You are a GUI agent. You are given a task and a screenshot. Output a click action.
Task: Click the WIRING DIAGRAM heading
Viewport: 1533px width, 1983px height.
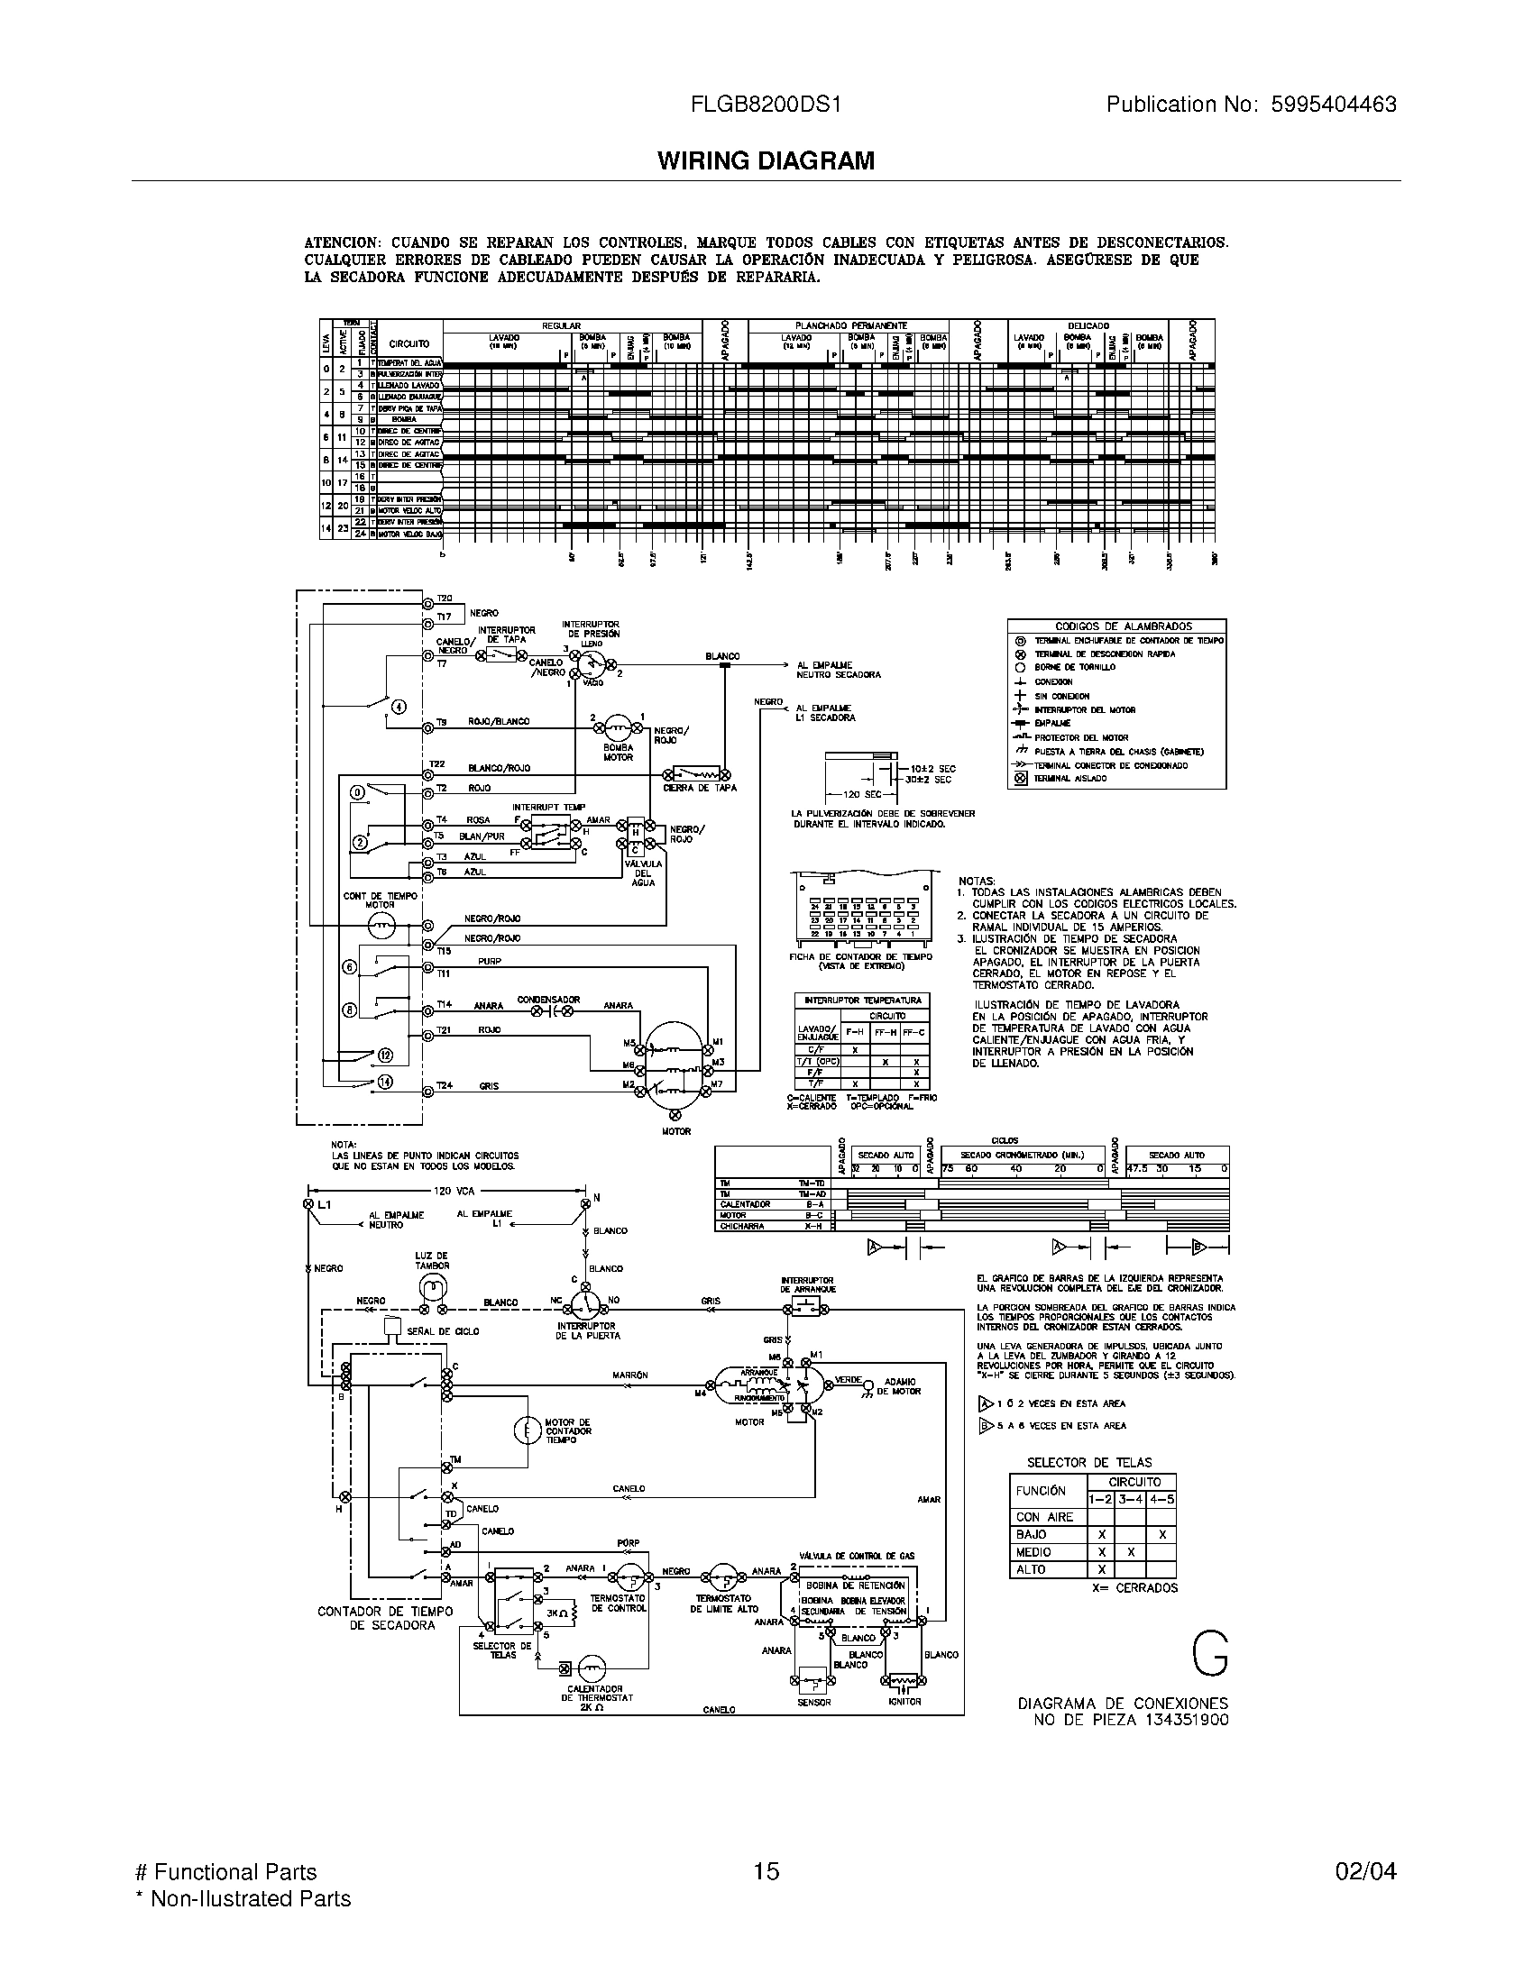(766, 160)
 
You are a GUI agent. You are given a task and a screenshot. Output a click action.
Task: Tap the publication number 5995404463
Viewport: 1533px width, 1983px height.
(1326, 105)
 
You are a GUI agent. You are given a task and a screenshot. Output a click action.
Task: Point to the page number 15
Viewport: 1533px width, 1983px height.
(766, 1871)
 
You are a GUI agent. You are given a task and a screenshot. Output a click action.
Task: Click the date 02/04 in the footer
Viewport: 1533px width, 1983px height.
(1365, 1871)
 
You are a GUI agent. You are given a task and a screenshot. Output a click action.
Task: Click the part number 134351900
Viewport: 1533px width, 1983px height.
(1183, 1720)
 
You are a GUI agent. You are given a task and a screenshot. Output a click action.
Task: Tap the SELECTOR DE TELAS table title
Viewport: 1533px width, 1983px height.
(1089, 1462)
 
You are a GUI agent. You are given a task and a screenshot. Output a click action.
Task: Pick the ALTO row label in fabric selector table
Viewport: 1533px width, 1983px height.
(1031, 1569)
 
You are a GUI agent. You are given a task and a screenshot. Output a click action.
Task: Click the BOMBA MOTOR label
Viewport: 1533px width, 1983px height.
(618, 752)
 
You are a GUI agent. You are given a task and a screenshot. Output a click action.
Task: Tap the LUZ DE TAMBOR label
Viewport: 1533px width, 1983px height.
(432, 1260)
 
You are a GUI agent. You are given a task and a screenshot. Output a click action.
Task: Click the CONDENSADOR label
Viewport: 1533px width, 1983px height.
(548, 1000)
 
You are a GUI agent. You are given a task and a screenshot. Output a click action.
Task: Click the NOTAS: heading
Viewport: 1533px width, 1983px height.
(977, 881)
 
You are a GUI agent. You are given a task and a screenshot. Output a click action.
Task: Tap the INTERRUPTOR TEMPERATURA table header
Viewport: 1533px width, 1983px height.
(862, 1001)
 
